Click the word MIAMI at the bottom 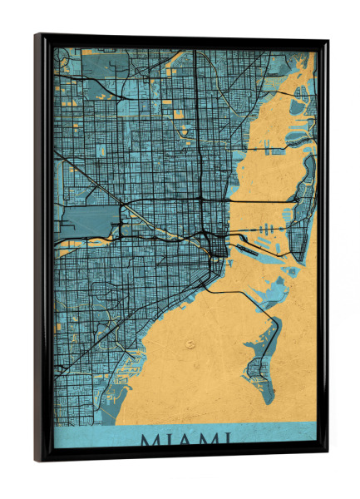coord(185,439)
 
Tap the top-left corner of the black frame coord(37,36)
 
